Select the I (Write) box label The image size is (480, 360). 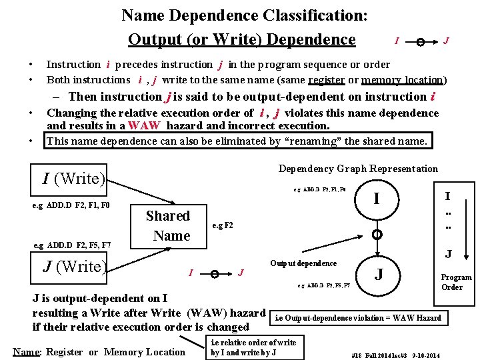click(74, 179)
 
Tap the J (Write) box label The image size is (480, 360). click(74, 267)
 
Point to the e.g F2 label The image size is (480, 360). click(223, 225)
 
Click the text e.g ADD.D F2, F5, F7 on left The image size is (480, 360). click(72, 246)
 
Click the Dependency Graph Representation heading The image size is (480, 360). click(358, 169)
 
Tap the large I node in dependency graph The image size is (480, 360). click(377, 199)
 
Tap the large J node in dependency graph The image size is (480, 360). click(379, 273)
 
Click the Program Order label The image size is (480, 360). click(457, 282)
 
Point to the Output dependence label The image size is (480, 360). click(303, 263)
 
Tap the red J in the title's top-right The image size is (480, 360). click(446, 41)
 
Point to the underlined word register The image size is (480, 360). click(327, 80)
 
